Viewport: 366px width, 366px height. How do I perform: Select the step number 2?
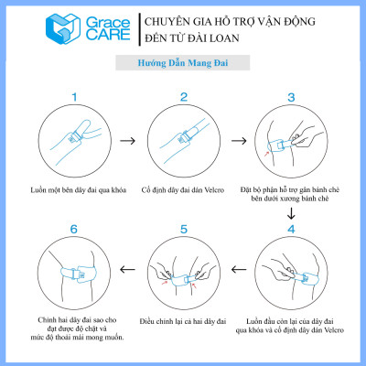pos(183,95)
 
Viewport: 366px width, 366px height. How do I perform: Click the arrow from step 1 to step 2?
pos(130,142)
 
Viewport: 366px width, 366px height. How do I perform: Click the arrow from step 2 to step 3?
pos(236,142)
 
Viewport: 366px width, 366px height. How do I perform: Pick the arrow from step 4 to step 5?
pos(236,270)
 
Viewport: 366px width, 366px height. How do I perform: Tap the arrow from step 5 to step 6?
pos(130,270)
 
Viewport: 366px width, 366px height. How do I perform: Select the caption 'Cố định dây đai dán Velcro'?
pos(183,190)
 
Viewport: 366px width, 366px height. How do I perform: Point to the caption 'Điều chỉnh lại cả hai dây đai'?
pos(183,320)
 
